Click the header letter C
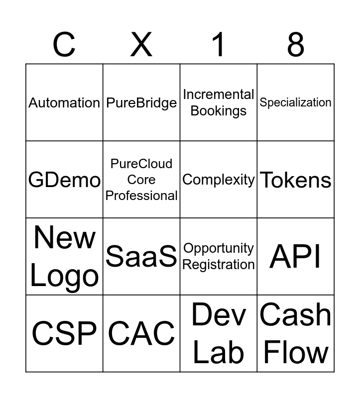point(64,44)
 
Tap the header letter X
point(141,44)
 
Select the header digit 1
point(218,44)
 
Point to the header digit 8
point(295,44)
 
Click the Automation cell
point(64,103)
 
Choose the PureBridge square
point(141,103)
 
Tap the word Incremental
point(219,95)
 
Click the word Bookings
point(219,111)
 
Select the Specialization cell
point(296,102)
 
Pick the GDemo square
point(64,180)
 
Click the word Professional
point(141,196)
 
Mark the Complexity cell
point(219,180)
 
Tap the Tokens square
point(296,180)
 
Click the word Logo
point(64,277)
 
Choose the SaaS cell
point(141,257)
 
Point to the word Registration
point(219,265)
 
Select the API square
point(296,257)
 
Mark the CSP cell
point(64,333)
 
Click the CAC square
point(141,333)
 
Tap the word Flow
point(296,352)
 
